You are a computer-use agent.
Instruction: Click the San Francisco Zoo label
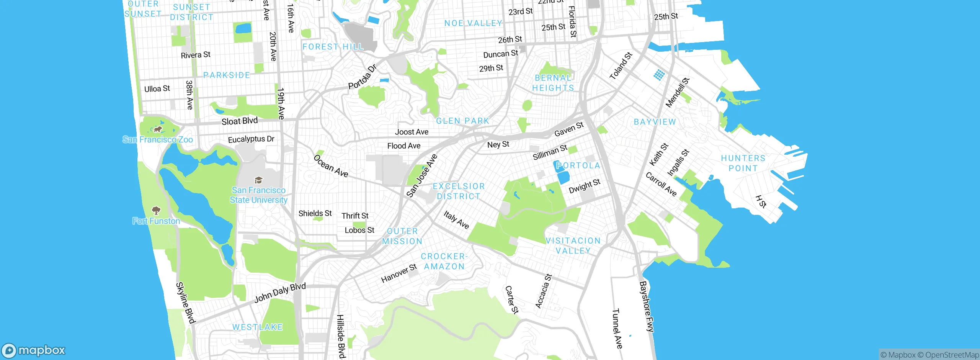click(x=158, y=139)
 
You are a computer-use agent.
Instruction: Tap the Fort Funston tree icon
click(x=156, y=210)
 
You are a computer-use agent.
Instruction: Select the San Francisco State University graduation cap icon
click(x=258, y=180)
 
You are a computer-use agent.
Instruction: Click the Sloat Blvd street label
click(x=240, y=121)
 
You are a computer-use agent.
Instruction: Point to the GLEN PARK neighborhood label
click(x=463, y=121)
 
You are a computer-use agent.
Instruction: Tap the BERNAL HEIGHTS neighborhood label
click(x=553, y=83)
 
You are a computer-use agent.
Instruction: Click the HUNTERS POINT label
click(x=743, y=163)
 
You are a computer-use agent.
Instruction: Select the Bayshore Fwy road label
click(x=647, y=306)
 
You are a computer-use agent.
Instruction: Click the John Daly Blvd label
click(x=280, y=293)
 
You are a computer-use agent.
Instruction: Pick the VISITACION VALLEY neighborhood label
click(x=573, y=245)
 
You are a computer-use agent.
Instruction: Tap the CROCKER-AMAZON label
click(x=444, y=261)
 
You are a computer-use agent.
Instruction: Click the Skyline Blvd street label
click(x=186, y=303)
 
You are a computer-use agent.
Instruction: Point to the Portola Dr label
click(x=362, y=77)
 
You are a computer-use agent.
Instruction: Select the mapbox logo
click(x=34, y=350)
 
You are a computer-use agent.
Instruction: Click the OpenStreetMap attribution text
click(x=952, y=355)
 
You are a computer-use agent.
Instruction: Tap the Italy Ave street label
click(x=456, y=219)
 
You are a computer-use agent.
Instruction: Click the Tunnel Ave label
click(x=617, y=328)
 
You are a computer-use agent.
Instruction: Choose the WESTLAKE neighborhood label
click(x=258, y=327)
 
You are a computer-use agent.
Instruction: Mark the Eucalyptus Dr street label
click(x=251, y=139)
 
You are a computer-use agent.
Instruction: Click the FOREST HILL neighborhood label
click(x=333, y=47)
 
